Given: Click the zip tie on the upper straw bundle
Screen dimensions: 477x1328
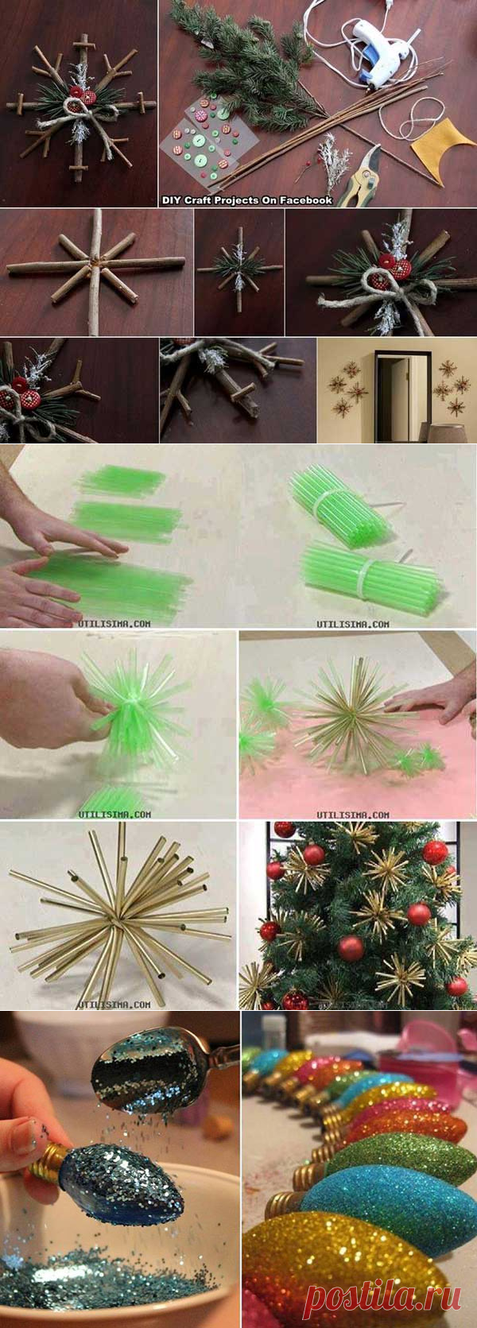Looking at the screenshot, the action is point(335,504).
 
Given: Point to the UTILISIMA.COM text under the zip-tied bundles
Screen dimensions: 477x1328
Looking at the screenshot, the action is point(352,624).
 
